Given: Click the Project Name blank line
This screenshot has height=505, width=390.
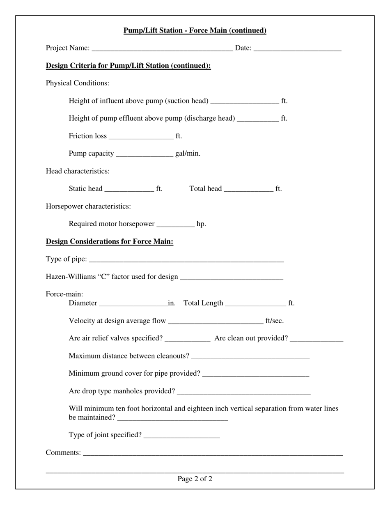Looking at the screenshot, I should [x=162, y=49].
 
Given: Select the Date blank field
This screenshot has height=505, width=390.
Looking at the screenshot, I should [x=297, y=49].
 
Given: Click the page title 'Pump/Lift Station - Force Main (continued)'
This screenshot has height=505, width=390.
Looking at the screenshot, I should [x=195, y=31].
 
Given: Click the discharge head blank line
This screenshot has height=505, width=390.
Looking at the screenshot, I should [x=258, y=119].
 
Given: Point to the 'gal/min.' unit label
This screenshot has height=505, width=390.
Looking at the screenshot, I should [x=188, y=154].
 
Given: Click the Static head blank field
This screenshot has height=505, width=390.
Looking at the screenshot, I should [x=129, y=189].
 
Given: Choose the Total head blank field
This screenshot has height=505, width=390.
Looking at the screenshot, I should [x=249, y=189].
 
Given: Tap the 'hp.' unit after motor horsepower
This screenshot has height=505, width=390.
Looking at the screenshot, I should [x=201, y=224].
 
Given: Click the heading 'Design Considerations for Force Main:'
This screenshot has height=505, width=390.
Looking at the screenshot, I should [x=110, y=241].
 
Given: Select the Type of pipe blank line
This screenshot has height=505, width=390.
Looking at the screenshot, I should [x=186, y=260].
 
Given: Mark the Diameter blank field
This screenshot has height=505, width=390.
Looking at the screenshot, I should [x=133, y=304].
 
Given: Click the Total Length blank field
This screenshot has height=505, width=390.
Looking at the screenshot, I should [x=255, y=304].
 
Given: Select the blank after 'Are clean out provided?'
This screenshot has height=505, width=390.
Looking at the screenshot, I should [x=316, y=339].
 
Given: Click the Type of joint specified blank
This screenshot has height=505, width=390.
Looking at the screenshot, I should [x=182, y=436].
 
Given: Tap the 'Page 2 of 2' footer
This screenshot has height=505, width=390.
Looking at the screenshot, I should [x=195, y=479].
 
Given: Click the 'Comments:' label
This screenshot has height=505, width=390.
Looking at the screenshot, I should [x=63, y=452].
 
